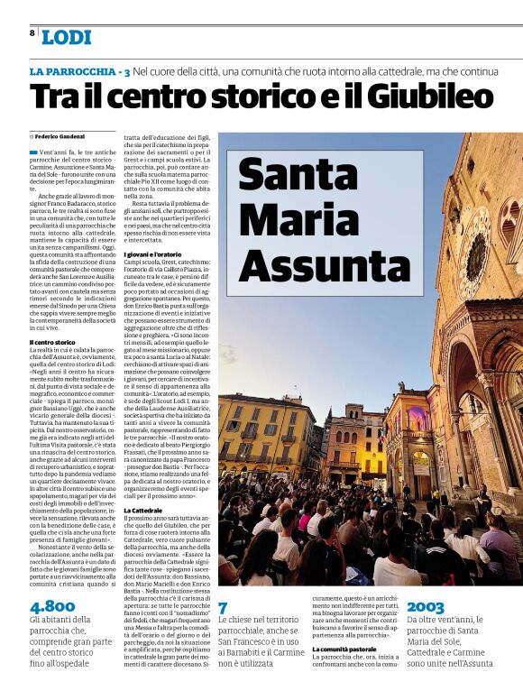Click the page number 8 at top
[x=32, y=32]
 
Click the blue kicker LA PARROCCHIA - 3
[x=79, y=71]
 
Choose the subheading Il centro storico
[x=52, y=343]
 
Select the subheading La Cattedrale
[x=142, y=511]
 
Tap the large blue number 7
[x=223, y=608]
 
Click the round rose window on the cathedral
[x=476, y=255]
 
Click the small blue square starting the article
[x=33, y=152]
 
